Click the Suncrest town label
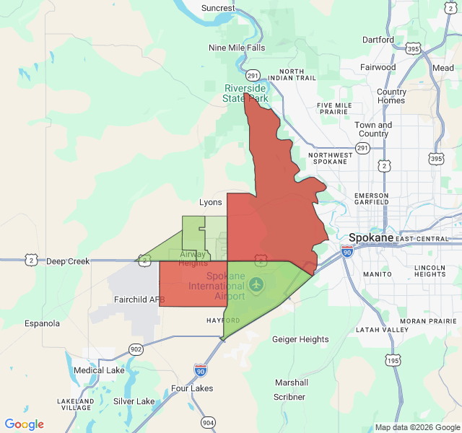pyautogui.click(x=218, y=8)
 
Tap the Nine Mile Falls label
pyautogui.click(x=236, y=48)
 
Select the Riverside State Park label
pyautogui.click(x=246, y=93)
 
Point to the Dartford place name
pyautogui.click(x=378, y=40)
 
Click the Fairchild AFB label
pyautogui.click(x=140, y=299)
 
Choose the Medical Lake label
pyautogui.click(x=99, y=370)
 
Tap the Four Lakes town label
pyautogui.click(x=192, y=388)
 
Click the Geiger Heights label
pyautogui.click(x=300, y=339)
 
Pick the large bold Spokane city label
pyautogui.click(x=371, y=237)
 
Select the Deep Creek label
pyautogui.click(x=68, y=261)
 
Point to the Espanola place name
pyautogui.click(x=42, y=323)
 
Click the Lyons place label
pyautogui.click(x=211, y=203)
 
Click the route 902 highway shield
pyautogui.click(x=136, y=349)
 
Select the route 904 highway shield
pyautogui.click(x=208, y=422)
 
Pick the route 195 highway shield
pyautogui.click(x=393, y=360)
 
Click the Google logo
pyautogui.click(x=24, y=424)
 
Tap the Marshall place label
pyautogui.click(x=292, y=382)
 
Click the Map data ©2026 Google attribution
pyautogui.click(x=417, y=427)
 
